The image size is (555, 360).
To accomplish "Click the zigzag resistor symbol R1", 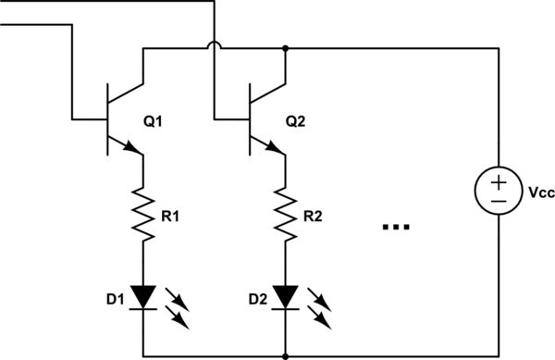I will click(x=142, y=213).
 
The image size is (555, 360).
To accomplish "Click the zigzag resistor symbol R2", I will click(x=286, y=213).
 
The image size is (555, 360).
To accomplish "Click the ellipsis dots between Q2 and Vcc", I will click(x=395, y=226).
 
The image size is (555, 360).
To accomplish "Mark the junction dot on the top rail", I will click(x=286, y=48).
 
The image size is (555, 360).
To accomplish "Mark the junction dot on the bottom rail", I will click(x=286, y=355).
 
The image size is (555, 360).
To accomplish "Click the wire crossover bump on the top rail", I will click(x=214, y=44).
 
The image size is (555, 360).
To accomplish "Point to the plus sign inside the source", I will click(x=498, y=180).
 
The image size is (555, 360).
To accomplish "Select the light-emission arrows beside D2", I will click(x=322, y=309).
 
